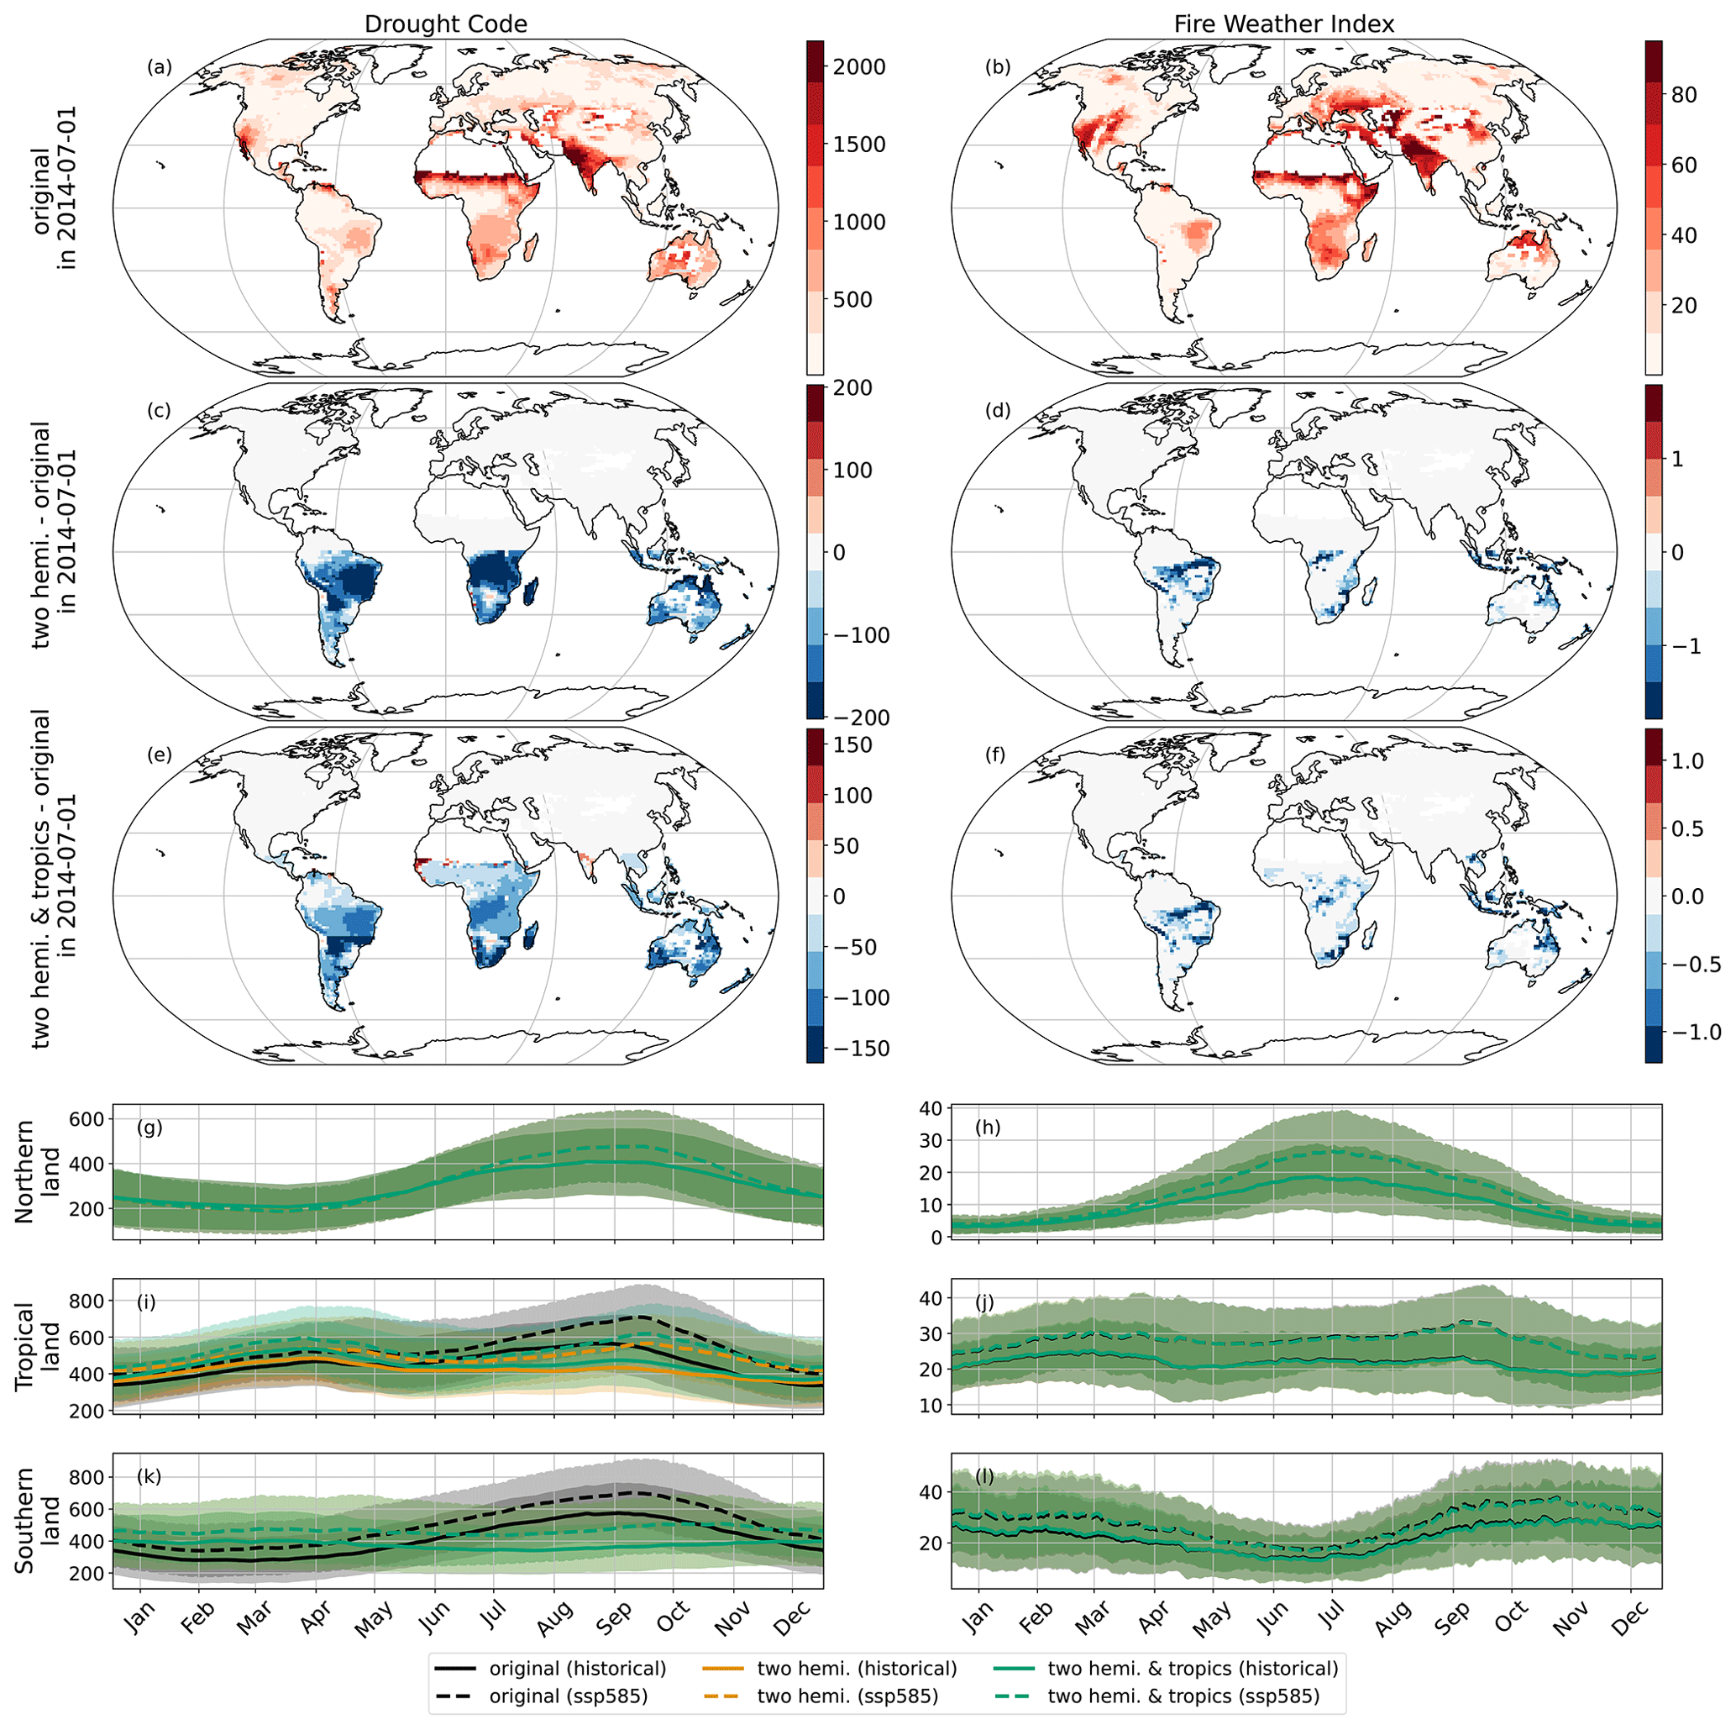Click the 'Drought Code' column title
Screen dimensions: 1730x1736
pyautogui.click(x=445, y=24)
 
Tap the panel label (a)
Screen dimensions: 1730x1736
pyautogui.click(x=159, y=66)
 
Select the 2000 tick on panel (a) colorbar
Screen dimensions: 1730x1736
pyautogui.click(x=859, y=66)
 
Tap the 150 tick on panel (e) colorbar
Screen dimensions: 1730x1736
pyautogui.click(x=852, y=745)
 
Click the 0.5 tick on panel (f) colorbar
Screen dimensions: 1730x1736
pyautogui.click(x=1686, y=828)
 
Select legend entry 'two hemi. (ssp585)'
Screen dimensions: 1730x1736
pyautogui.click(x=847, y=1696)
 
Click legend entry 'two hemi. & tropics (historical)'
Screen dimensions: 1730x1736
pyautogui.click(x=1193, y=1669)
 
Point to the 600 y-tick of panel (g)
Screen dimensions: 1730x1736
pyautogui.click(x=88, y=1119)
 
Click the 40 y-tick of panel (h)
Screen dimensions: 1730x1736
pyautogui.click(x=931, y=1108)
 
